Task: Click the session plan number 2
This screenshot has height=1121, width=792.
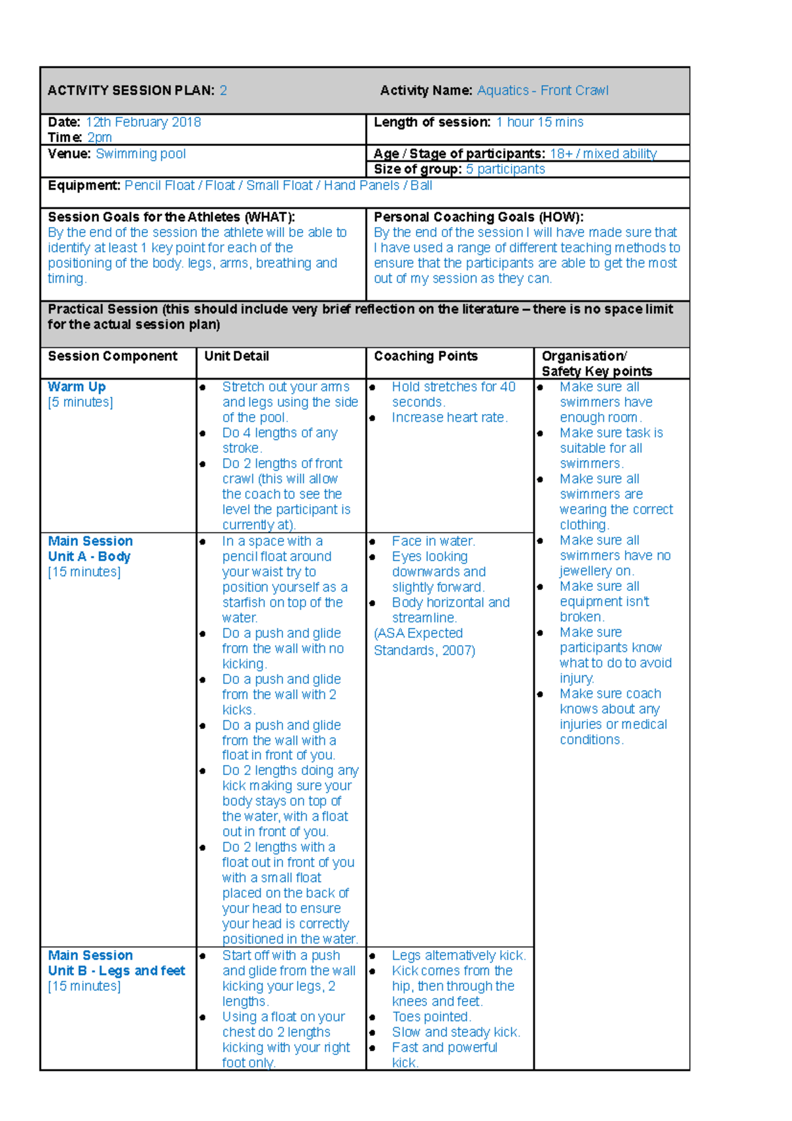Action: pyautogui.click(x=224, y=90)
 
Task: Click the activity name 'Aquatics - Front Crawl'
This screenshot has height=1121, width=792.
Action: pyautogui.click(x=543, y=90)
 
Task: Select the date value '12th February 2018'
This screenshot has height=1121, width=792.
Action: pyautogui.click(x=143, y=122)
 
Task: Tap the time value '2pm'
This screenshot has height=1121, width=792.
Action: pyautogui.click(x=100, y=137)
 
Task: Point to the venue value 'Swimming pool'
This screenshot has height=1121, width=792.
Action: pyautogui.click(x=141, y=154)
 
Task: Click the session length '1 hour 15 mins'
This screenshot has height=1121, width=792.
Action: pyautogui.click(x=540, y=122)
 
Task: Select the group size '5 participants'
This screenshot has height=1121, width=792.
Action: pyautogui.click(x=506, y=169)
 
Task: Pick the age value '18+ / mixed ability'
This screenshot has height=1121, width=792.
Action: pyautogui.click(x=603, y=154)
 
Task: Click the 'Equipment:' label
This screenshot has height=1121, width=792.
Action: pyautogui.click(x=84, y=186)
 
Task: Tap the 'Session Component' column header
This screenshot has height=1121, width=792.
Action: pyautogui.click(x=112, y=357)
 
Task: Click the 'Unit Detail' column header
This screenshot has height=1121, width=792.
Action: pyautogui.click(x=236, y=357)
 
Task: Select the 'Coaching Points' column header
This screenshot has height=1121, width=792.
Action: pyautogui.click(x=426, y=357)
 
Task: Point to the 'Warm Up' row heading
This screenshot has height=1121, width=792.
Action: pyautogui.click(x=77, y=387)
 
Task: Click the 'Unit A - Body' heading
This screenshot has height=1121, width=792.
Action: pyautogui.click(x=89, y=557)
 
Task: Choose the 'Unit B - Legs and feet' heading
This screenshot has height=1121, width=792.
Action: pyautogui.click(x=116, y=971)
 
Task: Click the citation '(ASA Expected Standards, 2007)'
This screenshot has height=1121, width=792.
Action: pyautogui.click(x=424, y=642)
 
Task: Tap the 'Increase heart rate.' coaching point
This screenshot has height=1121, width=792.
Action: pyautogui.click(x=449, y=417)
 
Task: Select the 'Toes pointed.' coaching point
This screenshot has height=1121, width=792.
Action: pyautogui.click(x=431, y=1017)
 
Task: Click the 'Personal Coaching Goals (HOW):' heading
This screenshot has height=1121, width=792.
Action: pyautogui.click(x=478, y=217)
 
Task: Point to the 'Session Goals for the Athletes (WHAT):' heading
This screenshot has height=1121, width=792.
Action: pyautogui.click(x=171, y=217)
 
